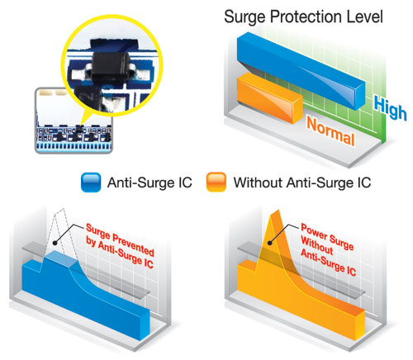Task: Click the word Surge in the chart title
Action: tap(245, 17)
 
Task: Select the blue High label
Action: tap(390, 108)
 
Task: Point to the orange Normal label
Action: tap(330, 131)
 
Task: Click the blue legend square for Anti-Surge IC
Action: tap(91, 182)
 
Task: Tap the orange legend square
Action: tap(216, 182)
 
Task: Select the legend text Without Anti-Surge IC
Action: tap(302, 182)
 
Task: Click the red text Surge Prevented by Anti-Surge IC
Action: tap(120, 246)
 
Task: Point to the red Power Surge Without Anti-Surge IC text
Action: tap(328, 249)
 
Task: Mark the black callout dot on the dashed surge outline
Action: tap(55, 243)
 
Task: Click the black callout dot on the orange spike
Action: tap(270, 243)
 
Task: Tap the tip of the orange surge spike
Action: tap(278, 211)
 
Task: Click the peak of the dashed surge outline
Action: tap(64, 209)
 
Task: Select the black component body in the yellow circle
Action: tap(110, 65)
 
